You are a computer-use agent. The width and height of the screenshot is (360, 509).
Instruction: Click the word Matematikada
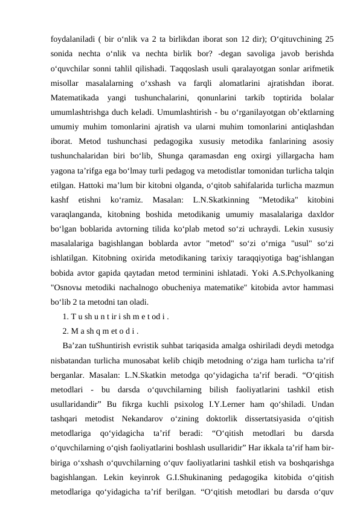coord(75,97)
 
